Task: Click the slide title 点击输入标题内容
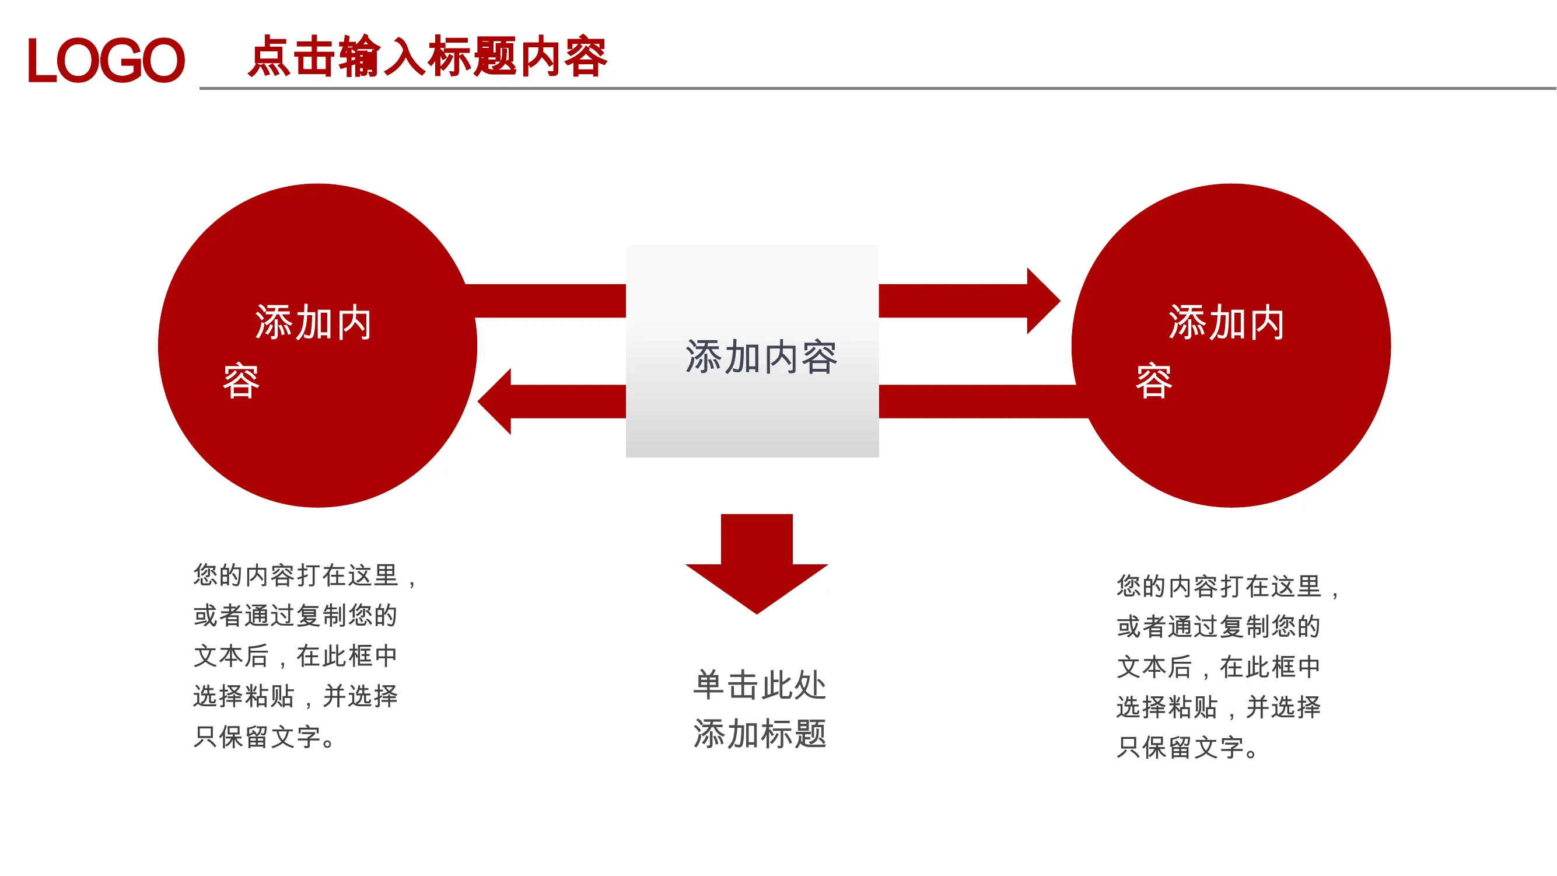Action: point(428,56)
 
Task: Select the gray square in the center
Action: point(753,351)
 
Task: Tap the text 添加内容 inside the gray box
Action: point(761,357)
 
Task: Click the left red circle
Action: point(318,345)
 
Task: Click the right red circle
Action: point(1231,345)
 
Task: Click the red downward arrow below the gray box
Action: point(757,564)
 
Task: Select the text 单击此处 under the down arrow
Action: point(760,685)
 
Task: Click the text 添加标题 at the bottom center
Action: point(760,734)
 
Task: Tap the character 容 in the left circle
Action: point(241,381)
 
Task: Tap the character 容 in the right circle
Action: point(1154,381)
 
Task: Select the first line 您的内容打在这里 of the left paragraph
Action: point(296,575)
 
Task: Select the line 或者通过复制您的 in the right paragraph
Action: point(1219,626)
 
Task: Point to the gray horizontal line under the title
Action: point(878,88)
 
